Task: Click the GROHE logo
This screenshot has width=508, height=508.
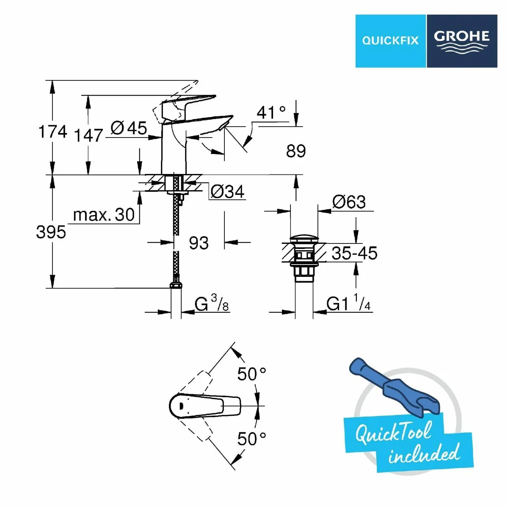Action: tap(462, 41)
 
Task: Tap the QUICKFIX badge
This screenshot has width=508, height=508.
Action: tap(390, 41)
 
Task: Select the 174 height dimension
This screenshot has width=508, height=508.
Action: tap(52, 132)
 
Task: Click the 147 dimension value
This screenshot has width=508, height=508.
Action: tap(88, 135)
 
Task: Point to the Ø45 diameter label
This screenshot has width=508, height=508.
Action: tap(129, 128)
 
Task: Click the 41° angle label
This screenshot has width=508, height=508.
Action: tap(271, 113)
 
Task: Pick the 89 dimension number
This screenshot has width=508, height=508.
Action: tap(295, 151)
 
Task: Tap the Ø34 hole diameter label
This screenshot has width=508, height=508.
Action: tap(227, 192)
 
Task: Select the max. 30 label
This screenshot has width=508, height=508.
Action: tap(104, 215)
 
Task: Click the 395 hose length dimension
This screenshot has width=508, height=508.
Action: tap(51, 232)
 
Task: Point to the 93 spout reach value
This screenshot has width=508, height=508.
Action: tap(199, 243)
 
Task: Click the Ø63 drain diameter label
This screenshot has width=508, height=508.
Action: tap(349, 202)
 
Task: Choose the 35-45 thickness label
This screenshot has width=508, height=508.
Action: tap(354, 253)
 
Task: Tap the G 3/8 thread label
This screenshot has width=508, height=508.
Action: tap(212, 304)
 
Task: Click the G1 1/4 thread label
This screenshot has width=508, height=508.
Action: tap(349, 304)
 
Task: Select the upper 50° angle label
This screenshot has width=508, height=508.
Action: tap(251, 374)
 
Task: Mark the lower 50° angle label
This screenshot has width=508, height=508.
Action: tap(251, 439)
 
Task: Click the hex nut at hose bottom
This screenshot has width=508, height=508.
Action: tap(176, 286)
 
